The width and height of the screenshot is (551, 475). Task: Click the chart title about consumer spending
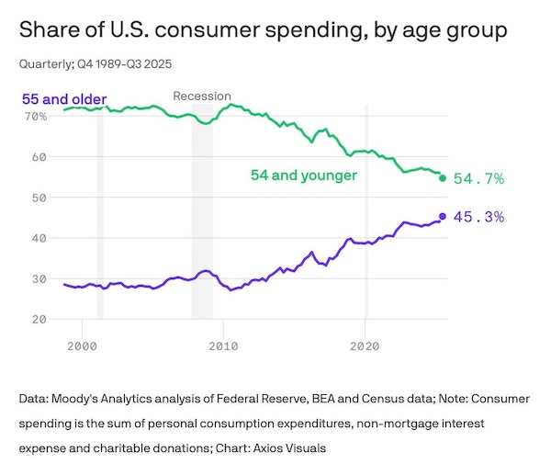(262, 31)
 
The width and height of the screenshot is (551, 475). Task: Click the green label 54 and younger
(303, 175)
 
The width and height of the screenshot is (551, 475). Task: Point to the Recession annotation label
(202, 96)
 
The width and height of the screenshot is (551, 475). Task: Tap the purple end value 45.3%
(479, 217)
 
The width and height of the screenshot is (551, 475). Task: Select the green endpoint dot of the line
(443, 178)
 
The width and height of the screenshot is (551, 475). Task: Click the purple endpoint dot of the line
(443, 216)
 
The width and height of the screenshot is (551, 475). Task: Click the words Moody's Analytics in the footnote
(97, 401)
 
